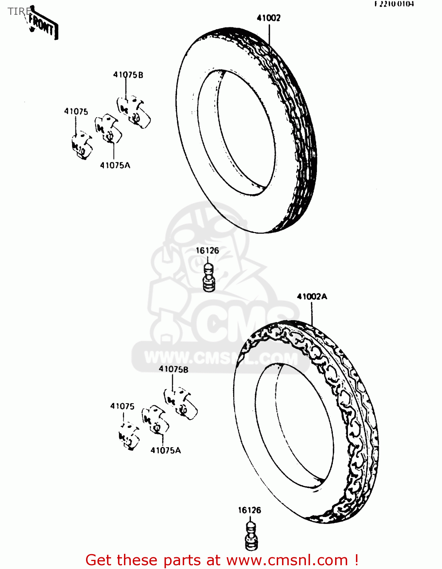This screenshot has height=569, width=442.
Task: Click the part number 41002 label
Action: coord(268,18)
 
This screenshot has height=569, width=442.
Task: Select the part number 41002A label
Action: coord(312,297)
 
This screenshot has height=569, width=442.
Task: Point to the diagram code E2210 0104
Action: coord(394,4)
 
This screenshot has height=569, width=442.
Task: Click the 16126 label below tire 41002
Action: coord(207,251)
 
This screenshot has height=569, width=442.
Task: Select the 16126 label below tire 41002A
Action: coord(249,510)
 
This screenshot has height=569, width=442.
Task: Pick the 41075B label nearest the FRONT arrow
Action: coord(128,75)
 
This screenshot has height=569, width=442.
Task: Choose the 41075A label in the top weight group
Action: coord(115,165)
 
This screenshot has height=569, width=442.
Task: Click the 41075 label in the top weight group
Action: coord(76,111)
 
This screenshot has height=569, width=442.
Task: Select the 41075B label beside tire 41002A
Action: coord(173,369)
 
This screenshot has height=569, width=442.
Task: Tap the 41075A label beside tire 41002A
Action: coord(166,450)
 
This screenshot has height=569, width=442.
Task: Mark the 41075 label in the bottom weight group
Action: coord(122,406)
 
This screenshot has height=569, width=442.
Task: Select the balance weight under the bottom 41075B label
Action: coord(180,404)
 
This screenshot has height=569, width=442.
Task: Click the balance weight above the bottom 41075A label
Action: coord(155,420)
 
